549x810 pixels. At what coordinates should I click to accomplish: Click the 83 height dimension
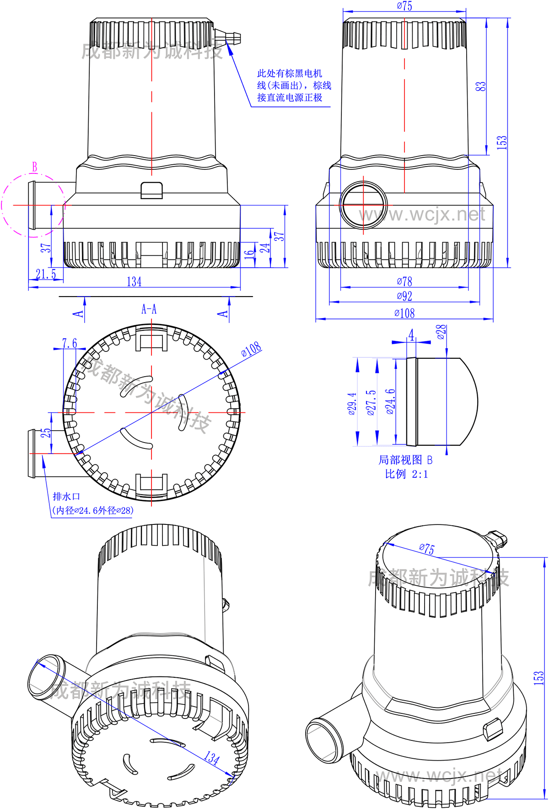coord(480,86)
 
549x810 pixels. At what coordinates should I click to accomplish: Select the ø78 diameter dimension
coord(404,281)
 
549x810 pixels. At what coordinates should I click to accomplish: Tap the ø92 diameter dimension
coord(404,296)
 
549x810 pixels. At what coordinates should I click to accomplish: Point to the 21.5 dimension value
coord(46,274)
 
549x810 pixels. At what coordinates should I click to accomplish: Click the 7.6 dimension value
coord(70,343)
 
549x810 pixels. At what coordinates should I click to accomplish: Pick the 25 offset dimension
coord(46,433)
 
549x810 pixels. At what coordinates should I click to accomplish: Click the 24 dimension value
coord(265,248)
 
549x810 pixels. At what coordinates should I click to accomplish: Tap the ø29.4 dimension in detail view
coord(352,403)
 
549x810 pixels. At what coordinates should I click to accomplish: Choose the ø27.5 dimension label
coord(371,402)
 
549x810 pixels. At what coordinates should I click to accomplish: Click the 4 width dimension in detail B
coord(411,335)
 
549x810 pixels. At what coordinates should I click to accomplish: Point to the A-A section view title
coord(149,309)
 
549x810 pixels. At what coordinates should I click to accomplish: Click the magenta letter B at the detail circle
coord(34,167)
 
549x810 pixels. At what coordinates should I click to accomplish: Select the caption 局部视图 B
coord(405,459)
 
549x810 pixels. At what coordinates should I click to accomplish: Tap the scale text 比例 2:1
coord(406,474)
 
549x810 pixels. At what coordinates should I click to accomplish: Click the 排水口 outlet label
coord(66,497)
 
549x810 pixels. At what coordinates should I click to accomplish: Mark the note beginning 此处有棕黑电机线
coord(294,86)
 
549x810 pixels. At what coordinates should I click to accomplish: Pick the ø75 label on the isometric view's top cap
coord(427,548)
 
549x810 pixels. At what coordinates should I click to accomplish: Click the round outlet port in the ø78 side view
coord(363,205)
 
